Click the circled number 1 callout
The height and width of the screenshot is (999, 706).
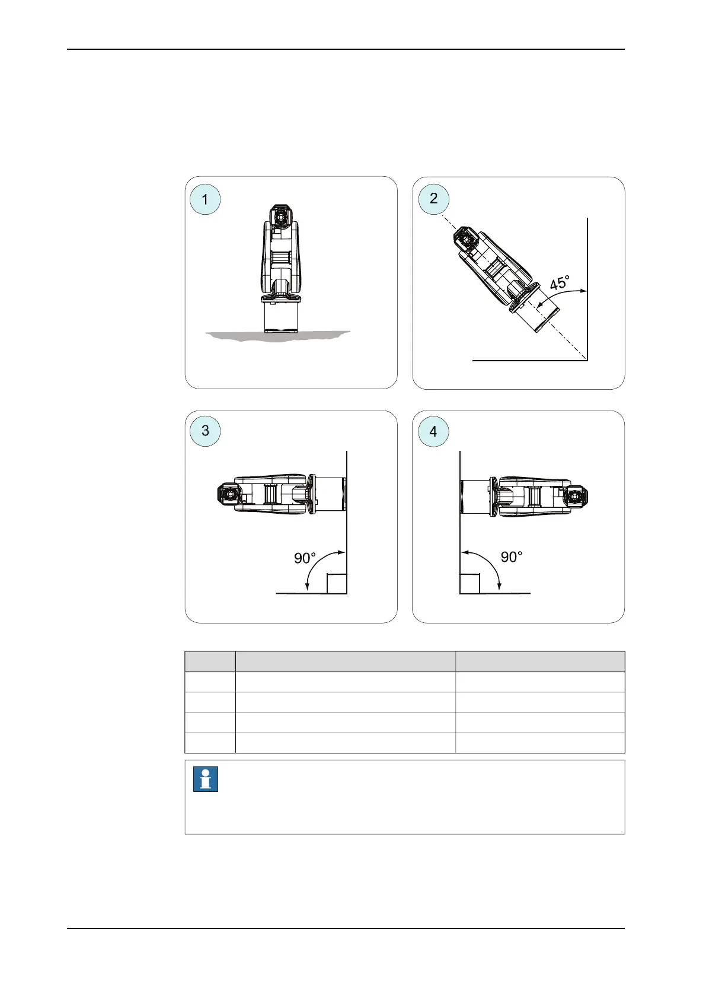click(x=205, y=199)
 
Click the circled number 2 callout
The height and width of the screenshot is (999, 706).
click(x=433, y=199)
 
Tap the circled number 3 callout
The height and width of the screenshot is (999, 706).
click(x=205, y=431)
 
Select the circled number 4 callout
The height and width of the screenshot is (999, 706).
click(x=433, y=431)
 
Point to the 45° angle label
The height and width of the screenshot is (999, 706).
click(x=559, y=282)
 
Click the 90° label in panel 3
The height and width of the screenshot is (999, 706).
click(x=305, y=558)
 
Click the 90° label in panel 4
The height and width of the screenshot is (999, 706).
click(x=512, y=557)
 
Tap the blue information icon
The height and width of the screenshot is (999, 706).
click(x=206, y=780)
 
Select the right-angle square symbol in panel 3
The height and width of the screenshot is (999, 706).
click(x=337, y=584)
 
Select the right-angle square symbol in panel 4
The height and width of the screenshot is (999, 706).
click(x=470, y=584)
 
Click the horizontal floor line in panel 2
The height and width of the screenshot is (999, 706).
click(x=528, y=360)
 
